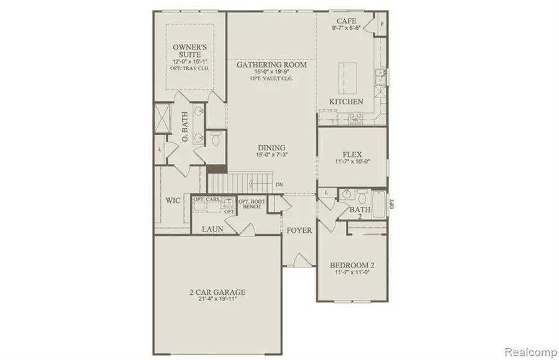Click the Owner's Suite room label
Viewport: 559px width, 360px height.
(x=191, y=49)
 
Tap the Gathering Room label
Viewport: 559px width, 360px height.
(x=271, y=65)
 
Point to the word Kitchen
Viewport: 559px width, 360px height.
(x=346, y=102)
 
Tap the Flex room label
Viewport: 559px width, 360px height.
(x=352, y=154)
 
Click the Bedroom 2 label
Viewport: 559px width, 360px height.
(x=352, y=266)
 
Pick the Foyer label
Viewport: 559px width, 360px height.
(x=299, y=230)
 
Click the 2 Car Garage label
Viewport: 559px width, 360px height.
(x=217, y=291)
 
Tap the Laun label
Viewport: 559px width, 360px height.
(x=213, y=229)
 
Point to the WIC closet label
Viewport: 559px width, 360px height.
(x=173, y=201)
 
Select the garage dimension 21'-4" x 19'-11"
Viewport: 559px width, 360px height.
(x=217, y=299)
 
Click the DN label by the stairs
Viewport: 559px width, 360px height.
(x=279, y=184)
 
